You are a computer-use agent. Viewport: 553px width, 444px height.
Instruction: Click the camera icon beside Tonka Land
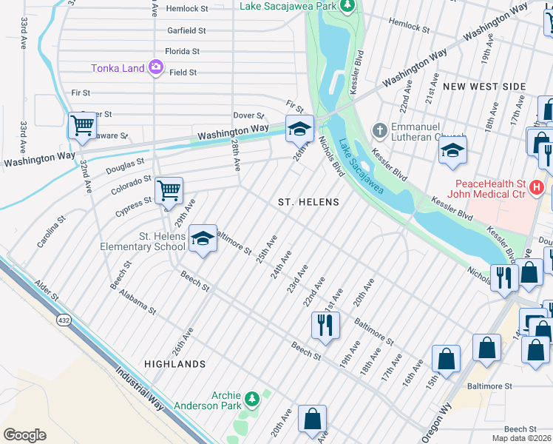[x=155, y=68]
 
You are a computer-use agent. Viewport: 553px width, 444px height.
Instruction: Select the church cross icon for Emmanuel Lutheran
[x=379, y=131]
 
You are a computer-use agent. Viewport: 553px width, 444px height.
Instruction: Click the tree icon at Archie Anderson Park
[x=252, y=400]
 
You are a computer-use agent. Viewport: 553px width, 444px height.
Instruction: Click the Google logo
[x=24, y=435]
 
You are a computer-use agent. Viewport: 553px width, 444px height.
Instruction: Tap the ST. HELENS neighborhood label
[x=308, y=202]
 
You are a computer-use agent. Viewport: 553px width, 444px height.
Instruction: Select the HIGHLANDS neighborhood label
[x=174, y=364]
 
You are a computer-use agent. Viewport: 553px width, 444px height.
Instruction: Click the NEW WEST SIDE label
[x=484, y=87]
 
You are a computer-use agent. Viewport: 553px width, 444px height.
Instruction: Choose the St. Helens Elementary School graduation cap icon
[x=202, y=238]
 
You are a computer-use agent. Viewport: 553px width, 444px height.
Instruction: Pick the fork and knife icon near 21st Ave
[x=325, y=323]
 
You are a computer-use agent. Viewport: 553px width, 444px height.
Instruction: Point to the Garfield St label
[x=186, y=31]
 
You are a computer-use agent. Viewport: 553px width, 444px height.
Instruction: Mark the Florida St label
[x=182, y=52]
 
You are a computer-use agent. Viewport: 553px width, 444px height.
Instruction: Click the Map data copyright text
[x=521, y=438]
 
